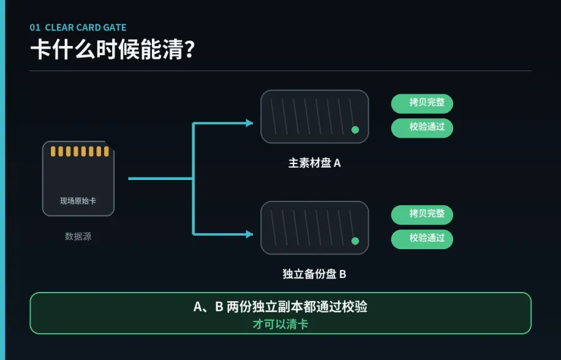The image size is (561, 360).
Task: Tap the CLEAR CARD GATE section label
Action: pyautogui.click(x=86, y=28)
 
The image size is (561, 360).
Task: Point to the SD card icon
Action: pyautogui.click(x=78, y=178)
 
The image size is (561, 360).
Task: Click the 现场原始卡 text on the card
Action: pyautogui.click(x=78, y=201)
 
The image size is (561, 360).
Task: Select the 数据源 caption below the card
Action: pyautogui.click(x=78, y=236)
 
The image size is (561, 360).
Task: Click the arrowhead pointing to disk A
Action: pyautogui.click(x=249, y=123)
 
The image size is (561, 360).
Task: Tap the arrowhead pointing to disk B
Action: pyautogui.click(x=249, y=234)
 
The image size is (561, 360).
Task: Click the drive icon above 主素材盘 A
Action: pyautogui.click(x=314, y=116)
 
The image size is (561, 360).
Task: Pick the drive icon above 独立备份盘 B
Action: pyautogui.click(x=314, y=228)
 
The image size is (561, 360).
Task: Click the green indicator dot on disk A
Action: pyautogui.click(x=355, y=130)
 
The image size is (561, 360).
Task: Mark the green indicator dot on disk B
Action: pyautogui.click(x=355, y=241)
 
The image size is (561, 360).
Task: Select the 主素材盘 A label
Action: pyautogui.click(x=314, y=163)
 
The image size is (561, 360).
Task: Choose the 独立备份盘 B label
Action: pyautogui.click(x=314, y=274)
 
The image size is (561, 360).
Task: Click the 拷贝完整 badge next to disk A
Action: pyautogui.click(x=422, y=103)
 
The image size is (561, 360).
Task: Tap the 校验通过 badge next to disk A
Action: pyautogui.click(x=422, y=128)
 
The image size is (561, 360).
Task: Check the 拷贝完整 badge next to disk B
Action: pyautogui.click(x=422, y=215)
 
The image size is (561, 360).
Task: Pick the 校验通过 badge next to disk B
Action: pyautogui.click(x=422, y=239)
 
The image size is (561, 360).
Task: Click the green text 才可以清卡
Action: pyautogui.click(x=280, y=324)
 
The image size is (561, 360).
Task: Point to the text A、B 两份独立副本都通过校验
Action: pyautogui.click(x=280, y=307)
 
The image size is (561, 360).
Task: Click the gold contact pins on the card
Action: pyautogui.click(x=80, y=151)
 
